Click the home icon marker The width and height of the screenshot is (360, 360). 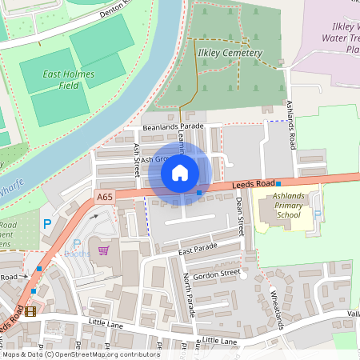tap(180, 173)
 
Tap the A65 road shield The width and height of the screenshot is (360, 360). tap(105, 197)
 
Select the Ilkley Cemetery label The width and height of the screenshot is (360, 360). tap(229, 53)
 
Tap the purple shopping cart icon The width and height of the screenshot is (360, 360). tap(103, 250)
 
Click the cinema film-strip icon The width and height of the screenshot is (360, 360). tap(30, 311)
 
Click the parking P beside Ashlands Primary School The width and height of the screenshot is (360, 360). tap(318, 214)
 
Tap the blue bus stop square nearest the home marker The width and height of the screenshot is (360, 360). tap(199, 192)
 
